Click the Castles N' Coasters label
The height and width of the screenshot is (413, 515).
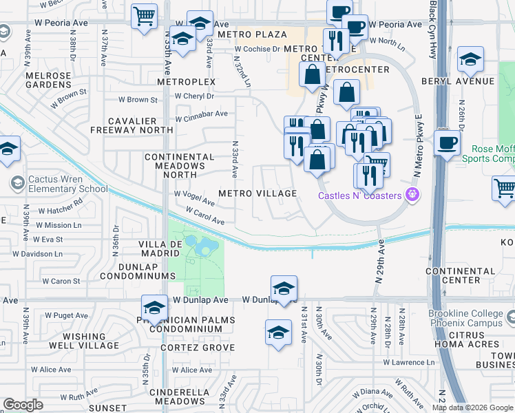[360, 196]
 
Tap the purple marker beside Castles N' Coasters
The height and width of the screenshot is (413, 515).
[413, 195]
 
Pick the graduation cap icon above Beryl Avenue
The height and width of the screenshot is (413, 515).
[470, 60]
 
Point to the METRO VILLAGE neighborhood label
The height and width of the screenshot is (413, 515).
[257, 193]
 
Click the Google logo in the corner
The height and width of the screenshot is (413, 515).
[23, 405]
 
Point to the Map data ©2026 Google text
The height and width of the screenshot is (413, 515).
[472, 407]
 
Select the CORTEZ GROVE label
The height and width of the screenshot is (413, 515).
[188, 348]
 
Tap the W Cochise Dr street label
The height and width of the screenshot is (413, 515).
[257, 50]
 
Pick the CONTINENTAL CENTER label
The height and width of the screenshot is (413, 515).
[462, 275]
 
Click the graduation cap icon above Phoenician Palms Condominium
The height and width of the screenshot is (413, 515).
[155, 308]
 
